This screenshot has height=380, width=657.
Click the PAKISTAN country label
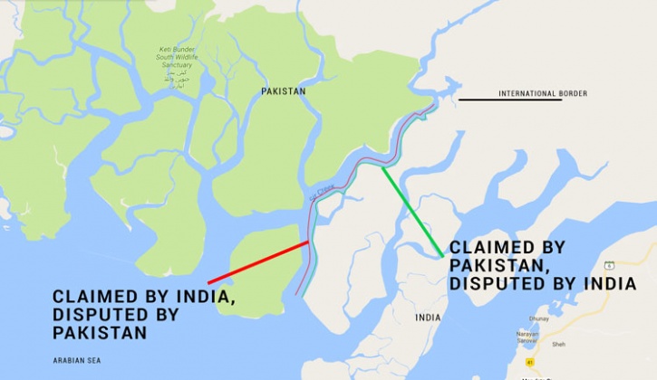pos(283,91)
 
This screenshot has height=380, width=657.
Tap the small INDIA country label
pos(428,318)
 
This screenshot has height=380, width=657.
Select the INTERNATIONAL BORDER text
pos(543,93)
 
